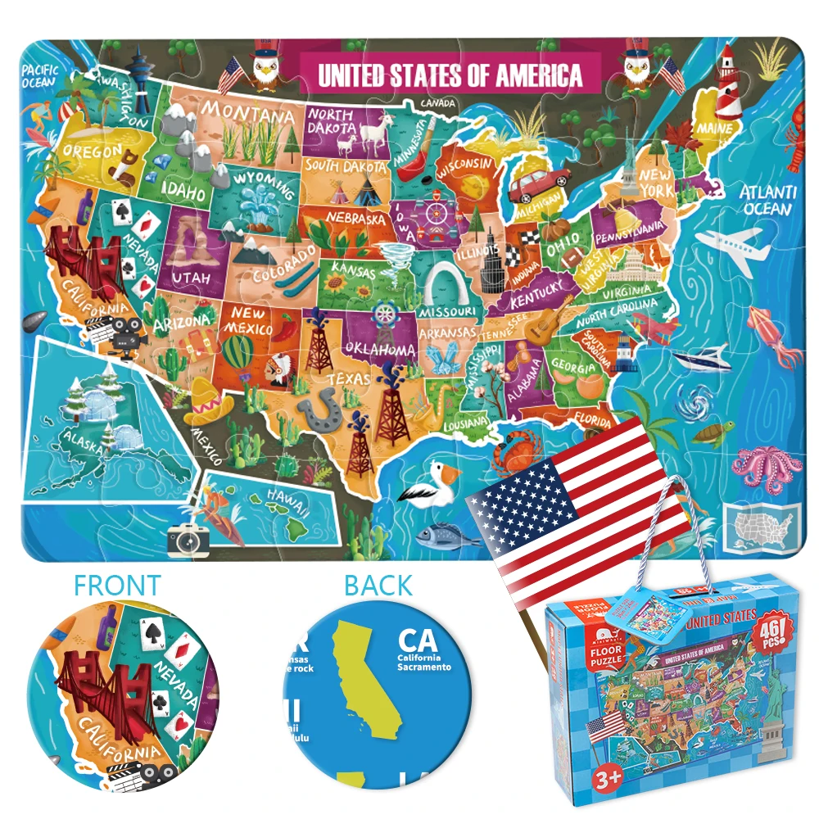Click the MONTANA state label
click(247, 112)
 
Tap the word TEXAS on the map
click(350, 379)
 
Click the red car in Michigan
click(537, 184)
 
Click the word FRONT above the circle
click(118, 586)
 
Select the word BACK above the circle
click(378, 586)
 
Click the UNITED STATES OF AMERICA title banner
click(450, 75)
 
